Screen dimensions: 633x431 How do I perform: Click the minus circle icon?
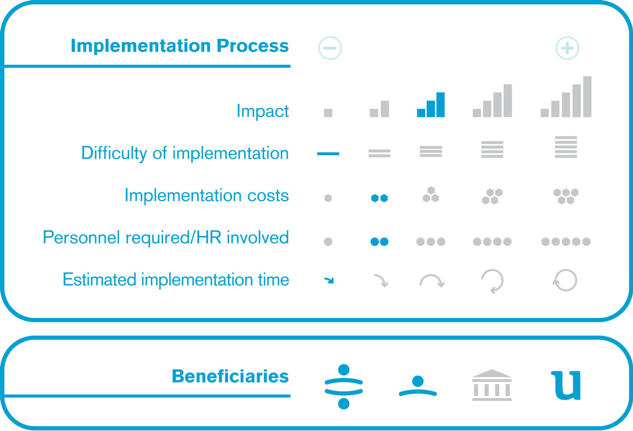coord(330,48)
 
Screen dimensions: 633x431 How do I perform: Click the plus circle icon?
coord(567,48)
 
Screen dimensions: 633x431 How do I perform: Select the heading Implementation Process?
coord(180,45)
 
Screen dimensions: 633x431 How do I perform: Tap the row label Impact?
coord(263,111)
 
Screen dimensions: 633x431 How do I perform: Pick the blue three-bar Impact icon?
coord(430,105)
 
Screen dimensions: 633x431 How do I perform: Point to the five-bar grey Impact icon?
coord(565,96)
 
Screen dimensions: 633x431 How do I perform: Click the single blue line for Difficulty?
coord(328,153)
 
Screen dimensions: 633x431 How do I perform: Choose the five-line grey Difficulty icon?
coord(565,147)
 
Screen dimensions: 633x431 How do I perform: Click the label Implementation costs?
coord(207,195)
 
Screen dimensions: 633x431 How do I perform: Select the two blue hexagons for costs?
coord(379,198)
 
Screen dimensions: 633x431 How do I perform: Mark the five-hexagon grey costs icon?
coord(565,196)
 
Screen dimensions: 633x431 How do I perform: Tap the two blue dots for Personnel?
coord(379,242)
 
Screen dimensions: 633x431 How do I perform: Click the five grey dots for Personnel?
coord(565,242)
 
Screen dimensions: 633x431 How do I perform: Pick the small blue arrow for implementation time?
coord(329,280)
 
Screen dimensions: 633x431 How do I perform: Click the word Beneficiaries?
coord(231,376)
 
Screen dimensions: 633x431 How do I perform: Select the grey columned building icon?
coord(492,385)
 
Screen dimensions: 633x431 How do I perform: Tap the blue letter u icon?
coord(565,386)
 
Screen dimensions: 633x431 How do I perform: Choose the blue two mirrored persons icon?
coord(343,386)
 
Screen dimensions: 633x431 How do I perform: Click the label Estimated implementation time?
coord(176,279)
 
